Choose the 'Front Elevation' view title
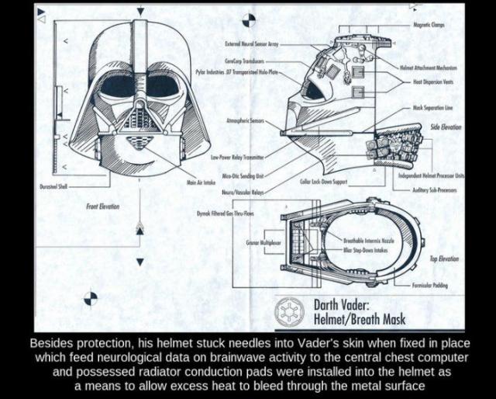103,206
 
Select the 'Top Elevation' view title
445,258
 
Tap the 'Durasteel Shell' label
54,186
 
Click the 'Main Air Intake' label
201,182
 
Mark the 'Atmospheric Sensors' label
245,122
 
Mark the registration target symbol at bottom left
91,297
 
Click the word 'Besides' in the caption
50,342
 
